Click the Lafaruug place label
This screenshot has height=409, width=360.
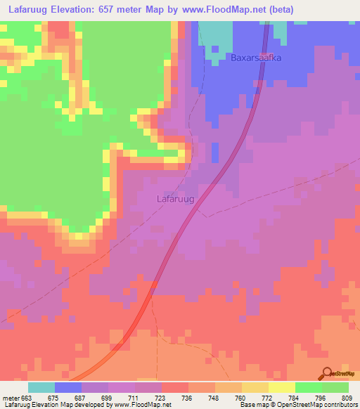[x=174, y=199]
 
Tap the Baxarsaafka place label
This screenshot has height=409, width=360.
[x=256, y=58]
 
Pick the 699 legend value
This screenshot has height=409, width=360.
[x=108, y=397]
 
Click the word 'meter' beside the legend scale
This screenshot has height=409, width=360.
[x=11, y=397]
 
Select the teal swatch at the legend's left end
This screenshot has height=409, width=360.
[x=41, y=387]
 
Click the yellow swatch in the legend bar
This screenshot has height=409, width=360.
[x=282, y=387]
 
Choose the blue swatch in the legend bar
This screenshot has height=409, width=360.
[x=68, y=387]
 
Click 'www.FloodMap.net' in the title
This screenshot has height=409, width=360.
[x=216, y=9]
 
